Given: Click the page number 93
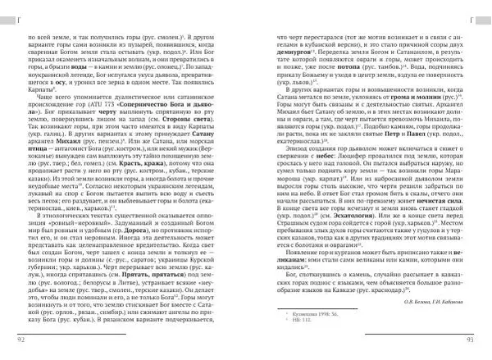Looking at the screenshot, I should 472,339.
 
